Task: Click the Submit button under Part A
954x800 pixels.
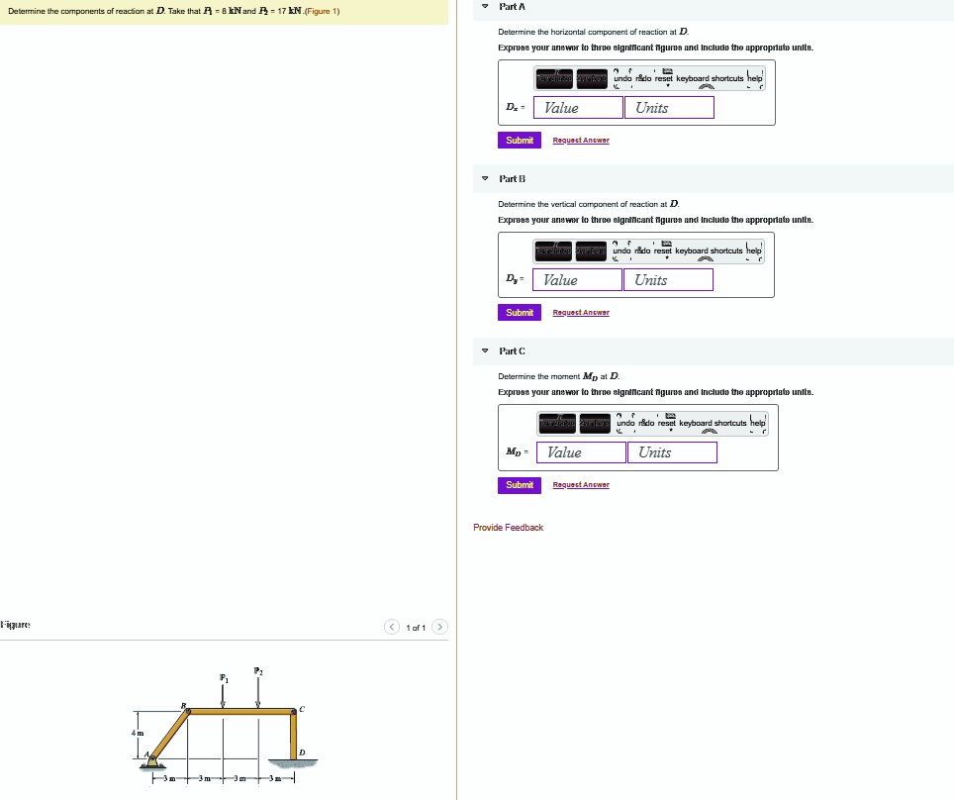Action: pos(520,141)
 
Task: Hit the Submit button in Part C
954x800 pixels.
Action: pos(520,485)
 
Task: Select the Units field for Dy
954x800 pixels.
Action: pos(668,280)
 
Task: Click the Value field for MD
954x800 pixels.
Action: pos(582,452)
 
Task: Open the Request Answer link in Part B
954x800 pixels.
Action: pos(580,313)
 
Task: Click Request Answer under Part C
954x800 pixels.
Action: pos(580,485)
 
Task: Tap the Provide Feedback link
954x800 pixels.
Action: pos(508,528)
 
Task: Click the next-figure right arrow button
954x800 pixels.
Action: pos(440,627)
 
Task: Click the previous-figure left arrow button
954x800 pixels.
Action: pos(393,627)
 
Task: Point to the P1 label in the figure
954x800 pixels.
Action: pos(223,679)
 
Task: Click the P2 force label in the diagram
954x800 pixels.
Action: pos(258,671)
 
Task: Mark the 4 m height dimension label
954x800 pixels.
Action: pos(139,733)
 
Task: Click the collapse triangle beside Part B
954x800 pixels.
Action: pos(485,179)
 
